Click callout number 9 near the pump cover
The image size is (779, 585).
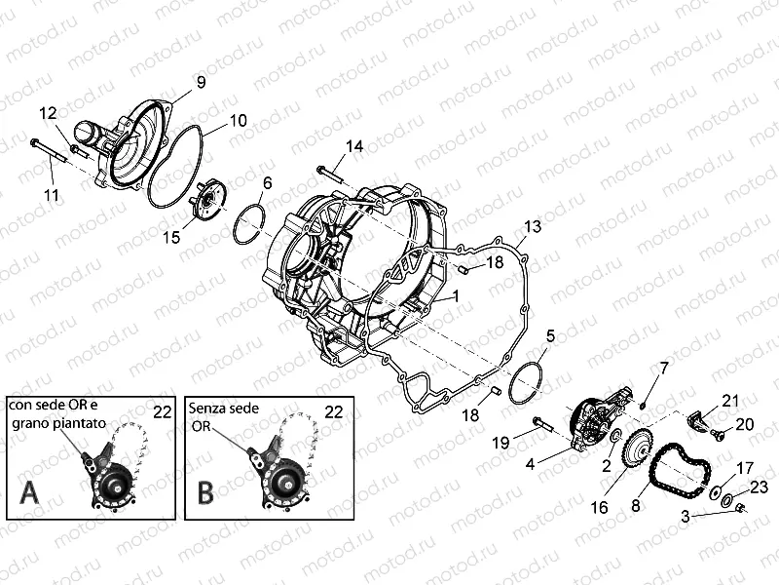(201, 82)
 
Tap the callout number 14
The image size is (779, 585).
(354, 146)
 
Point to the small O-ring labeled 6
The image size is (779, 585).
(249, 222)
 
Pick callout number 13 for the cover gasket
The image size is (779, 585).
(533, 227)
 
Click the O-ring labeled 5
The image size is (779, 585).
(527, 383)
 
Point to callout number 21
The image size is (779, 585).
(730, 401)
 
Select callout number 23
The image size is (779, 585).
(759, 487)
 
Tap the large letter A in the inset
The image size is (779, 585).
(29, 493)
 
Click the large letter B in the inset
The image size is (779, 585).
(205, 492)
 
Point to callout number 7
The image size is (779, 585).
(664, 370)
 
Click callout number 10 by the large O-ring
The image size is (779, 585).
(238, 120)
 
